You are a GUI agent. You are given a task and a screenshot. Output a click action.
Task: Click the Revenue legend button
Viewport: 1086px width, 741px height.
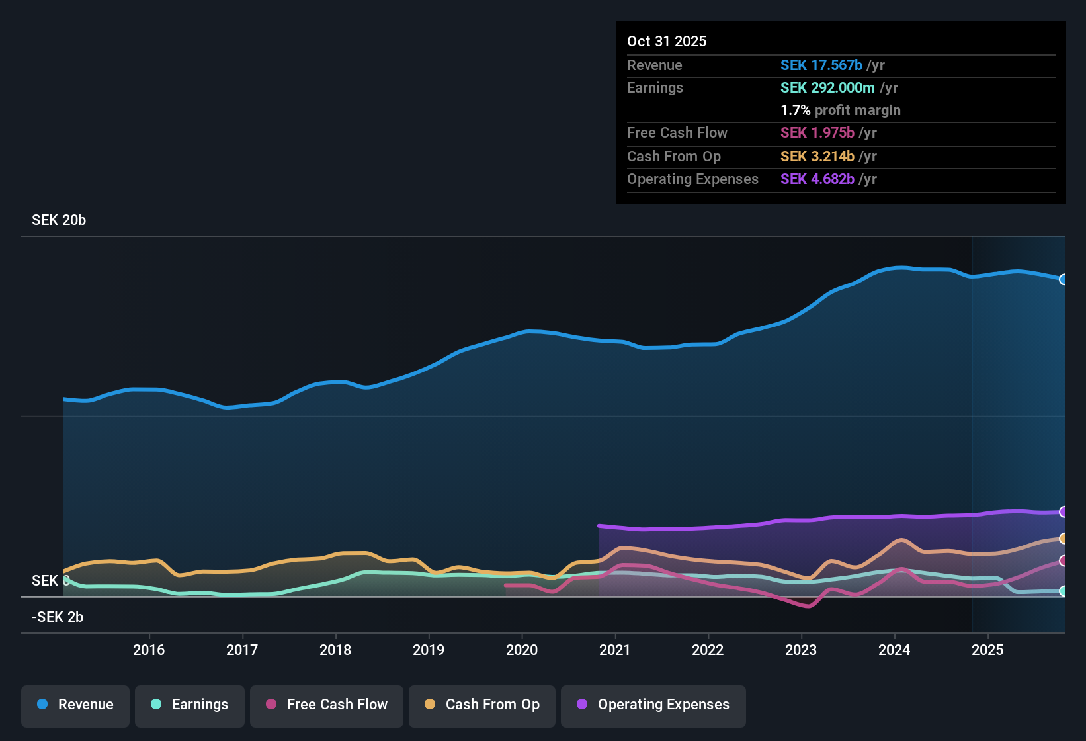pos(75,705)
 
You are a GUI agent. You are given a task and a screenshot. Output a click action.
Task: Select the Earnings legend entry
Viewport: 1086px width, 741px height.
pos(190,705)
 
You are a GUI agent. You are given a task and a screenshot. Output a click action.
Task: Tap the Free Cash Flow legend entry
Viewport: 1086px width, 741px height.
pos(327,705)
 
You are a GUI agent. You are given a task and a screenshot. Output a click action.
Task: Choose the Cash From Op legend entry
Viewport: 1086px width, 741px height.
pos(482,705)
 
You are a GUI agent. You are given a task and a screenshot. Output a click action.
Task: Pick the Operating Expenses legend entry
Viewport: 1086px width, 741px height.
pos(653,705)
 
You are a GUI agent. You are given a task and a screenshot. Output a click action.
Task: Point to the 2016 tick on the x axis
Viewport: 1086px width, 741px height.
pos(149,650)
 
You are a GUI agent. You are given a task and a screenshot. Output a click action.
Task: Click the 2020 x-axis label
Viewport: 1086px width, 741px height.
pos(522,650)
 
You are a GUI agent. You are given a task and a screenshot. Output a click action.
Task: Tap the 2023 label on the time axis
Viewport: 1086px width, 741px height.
pos(801,650)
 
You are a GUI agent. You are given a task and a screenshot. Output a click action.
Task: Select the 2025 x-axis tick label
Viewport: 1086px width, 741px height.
pos(987,650)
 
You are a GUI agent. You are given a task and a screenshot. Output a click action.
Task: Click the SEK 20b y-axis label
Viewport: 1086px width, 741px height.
pos(59,220)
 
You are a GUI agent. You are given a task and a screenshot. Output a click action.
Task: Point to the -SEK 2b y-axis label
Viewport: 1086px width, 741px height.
pos(58,617)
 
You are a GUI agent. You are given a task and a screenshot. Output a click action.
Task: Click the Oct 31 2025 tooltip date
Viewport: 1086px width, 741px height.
pos(667,41)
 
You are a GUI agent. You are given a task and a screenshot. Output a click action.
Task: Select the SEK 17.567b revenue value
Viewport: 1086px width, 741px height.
pos(821,65)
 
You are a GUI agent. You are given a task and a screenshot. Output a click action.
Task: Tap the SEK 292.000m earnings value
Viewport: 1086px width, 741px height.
pos(827,87)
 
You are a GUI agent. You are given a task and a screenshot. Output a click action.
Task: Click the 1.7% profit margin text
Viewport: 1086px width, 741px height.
pos(840,110)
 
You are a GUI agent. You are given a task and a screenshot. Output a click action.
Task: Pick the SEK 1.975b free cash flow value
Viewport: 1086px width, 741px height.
pos(817,132)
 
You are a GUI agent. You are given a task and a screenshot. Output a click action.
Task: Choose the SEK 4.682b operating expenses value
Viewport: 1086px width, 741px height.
pos(817,179)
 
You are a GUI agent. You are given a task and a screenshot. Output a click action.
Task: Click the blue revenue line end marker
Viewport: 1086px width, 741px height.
pos(1063,279)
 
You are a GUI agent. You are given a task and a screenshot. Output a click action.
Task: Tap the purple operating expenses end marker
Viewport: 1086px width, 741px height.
pos(1063,511)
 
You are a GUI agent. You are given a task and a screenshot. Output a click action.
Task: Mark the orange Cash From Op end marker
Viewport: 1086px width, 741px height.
pos(1063,539)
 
